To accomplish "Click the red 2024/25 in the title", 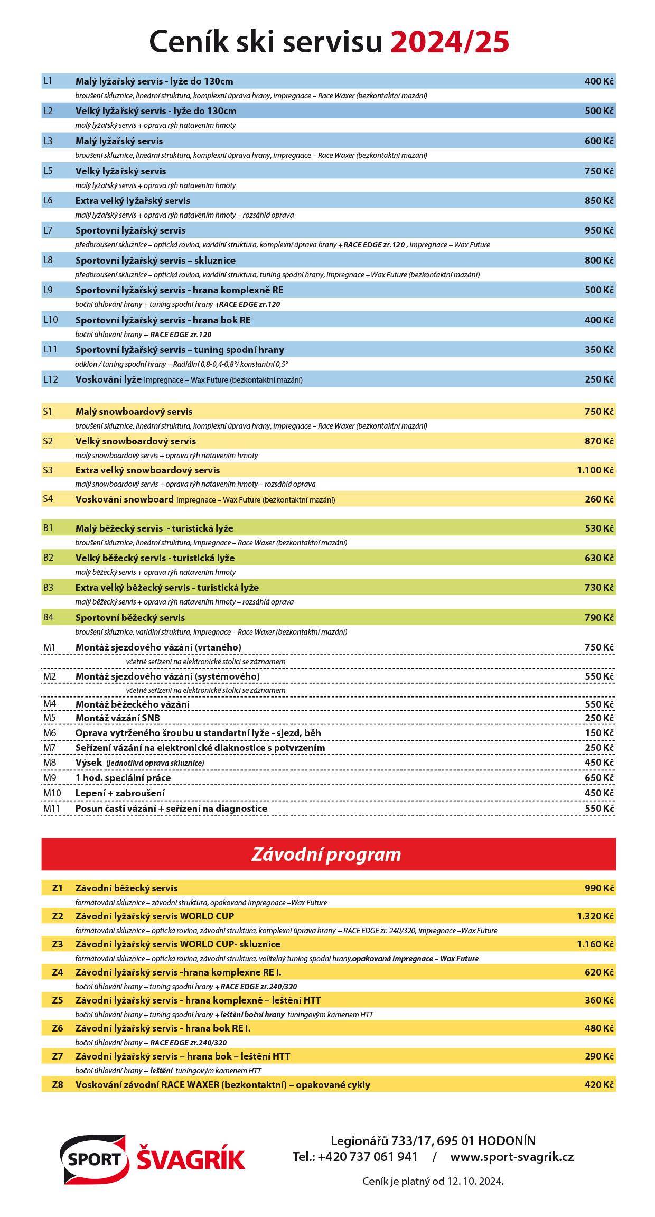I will [450, 42].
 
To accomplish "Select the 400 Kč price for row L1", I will [599, 81].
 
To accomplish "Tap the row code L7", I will [48, 230].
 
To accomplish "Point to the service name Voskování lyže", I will [108, 379].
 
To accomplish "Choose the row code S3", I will [48, 470].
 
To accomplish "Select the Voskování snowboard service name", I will [124, 499].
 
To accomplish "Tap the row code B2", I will [49, 558].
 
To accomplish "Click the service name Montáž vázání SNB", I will [117, 718].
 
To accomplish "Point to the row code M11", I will [52, 808].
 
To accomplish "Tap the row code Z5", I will [58, 1000].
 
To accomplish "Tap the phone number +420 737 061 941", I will [368, 1157].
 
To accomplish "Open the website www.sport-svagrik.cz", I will [512, 1157].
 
